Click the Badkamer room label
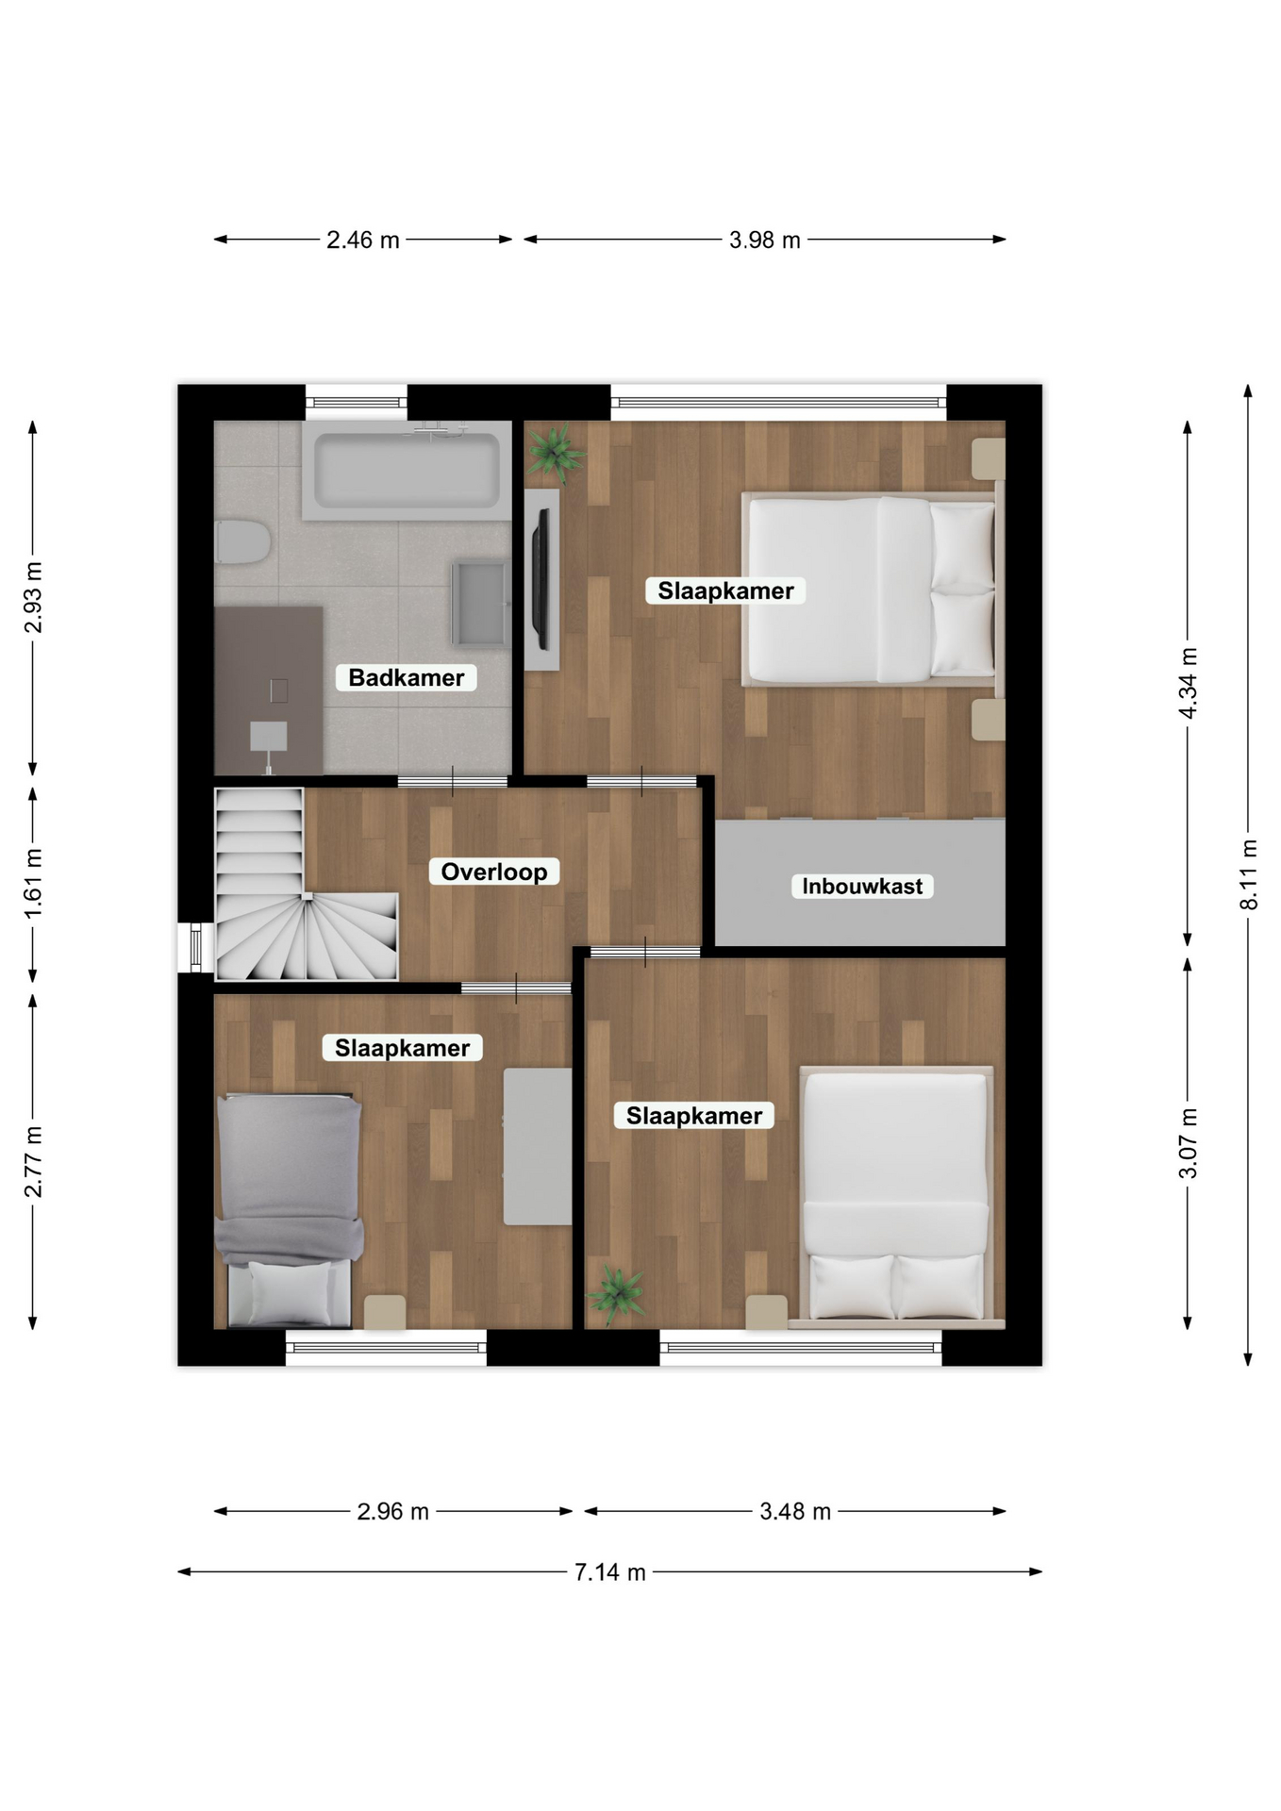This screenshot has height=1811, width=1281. (x=406, y=677)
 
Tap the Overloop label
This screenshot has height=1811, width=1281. (x=493, y=872)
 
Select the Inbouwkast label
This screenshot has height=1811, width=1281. (x=862, y=886)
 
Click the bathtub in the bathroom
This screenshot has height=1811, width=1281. (x=408, y=470)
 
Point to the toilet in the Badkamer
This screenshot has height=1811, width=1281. (x=242, y=542)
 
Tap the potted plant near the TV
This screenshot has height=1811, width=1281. (x=556, y=451)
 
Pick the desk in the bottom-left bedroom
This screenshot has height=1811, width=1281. (x=537, y=1146)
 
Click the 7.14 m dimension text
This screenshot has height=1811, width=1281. (x=610, y=1571)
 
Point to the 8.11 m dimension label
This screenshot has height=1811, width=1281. (x=1248, y=874)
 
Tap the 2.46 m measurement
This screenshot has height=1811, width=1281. (x=363, y=240)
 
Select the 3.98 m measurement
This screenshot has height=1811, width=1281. (x=765, y=240)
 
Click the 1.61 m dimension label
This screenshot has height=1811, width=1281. (x=33, y=883)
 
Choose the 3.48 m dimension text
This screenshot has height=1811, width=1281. (x=795, y=1511)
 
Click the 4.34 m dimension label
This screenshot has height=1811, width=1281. (x=1188, y=683)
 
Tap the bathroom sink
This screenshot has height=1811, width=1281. (x=480, y=603)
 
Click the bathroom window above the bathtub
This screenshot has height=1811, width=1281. (x=357, y=403)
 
